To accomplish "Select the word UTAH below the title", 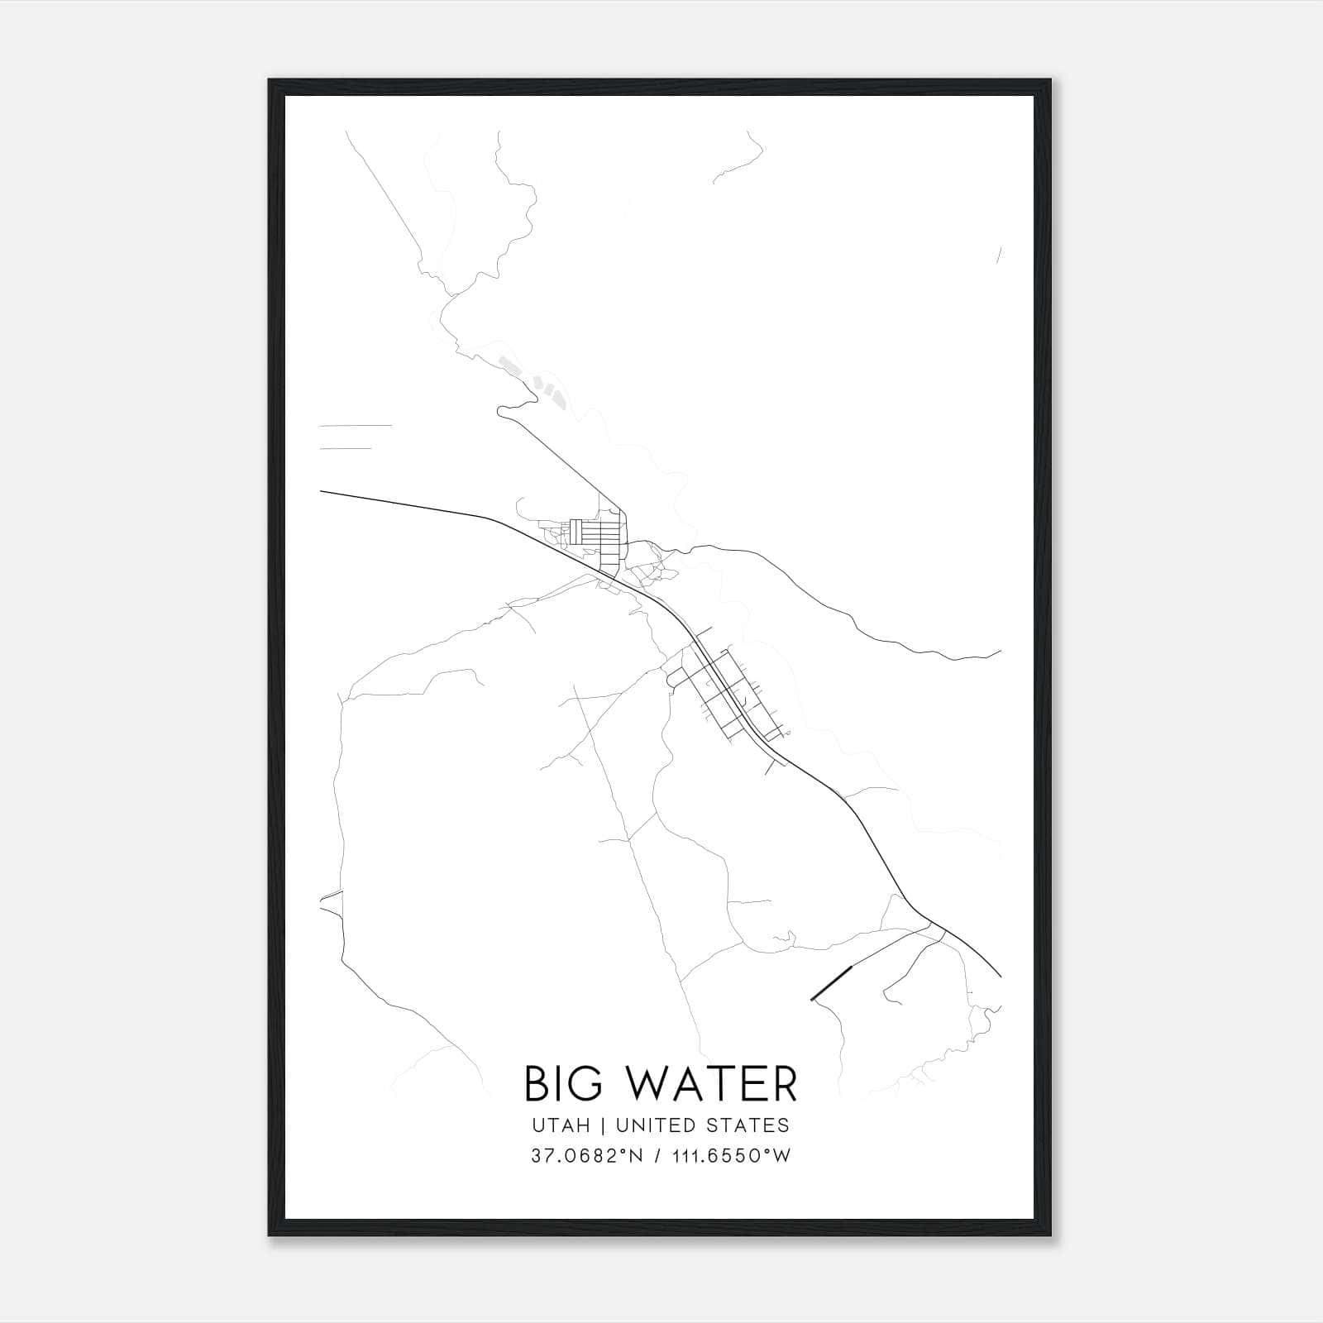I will tap(561, 1125).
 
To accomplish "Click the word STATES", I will tap(748, 1125).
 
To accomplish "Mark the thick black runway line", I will tap(831, 984).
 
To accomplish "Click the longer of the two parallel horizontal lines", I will tap(356, 426).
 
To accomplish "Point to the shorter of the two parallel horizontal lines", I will tap(346, 449).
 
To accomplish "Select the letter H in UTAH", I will tap(584, 1125).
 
